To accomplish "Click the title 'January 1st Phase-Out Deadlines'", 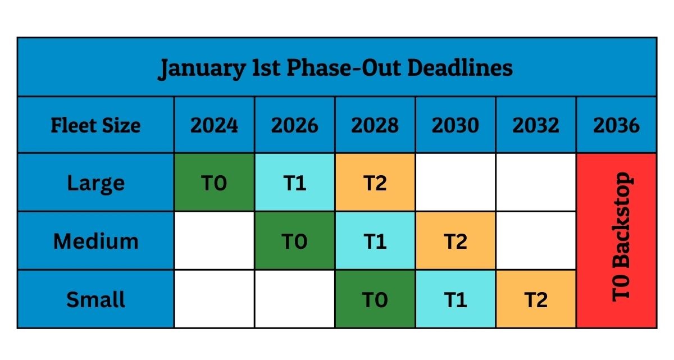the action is coord(335,68).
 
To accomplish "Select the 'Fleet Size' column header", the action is coord(95,125).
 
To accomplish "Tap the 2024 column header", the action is coord(214,125).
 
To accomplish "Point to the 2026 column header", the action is coord(294,125).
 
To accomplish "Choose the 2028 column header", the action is coord(375,125).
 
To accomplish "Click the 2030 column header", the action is coord(456,125).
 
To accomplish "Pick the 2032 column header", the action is coord(536,125).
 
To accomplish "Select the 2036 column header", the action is coord(616,125).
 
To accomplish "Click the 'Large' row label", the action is coord(95,184).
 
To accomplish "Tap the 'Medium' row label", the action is coord(95,241).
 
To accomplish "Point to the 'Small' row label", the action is coord(95,299).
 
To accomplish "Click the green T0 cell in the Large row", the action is coord(214,183).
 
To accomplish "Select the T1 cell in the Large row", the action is coord(294,183).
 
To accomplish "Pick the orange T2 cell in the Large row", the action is coord(375,183).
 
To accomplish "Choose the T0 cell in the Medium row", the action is coord(294,240).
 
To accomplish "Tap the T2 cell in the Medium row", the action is coord(456,240).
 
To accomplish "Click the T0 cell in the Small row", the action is coord(375,299).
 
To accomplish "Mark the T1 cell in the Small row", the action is coord(456,299).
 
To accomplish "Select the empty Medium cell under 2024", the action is coord(214,240).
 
